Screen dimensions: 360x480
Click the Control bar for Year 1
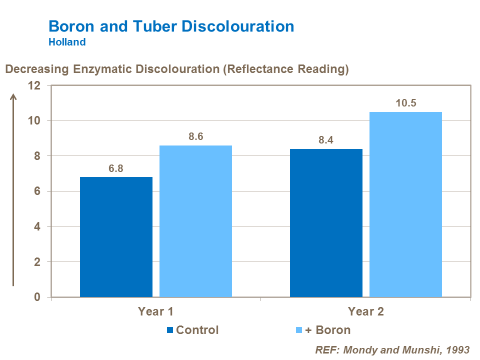tap(116, 237)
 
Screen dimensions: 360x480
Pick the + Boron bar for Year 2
tap(405, 204)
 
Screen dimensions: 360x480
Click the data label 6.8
tap(116, 168)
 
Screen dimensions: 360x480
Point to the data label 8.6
tap(195, 136)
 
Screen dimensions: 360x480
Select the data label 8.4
tap(326, 140)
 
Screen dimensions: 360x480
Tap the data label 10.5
tap(405, 103)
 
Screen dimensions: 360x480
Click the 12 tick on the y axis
tap(34, 85)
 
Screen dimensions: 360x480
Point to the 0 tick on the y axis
tap(37, 297)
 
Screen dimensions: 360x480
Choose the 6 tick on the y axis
tap(37, 191)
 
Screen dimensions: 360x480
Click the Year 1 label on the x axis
tap(155, 311)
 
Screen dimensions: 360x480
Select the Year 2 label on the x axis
tap(366, 311)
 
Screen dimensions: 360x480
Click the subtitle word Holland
tap(67, 42)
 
